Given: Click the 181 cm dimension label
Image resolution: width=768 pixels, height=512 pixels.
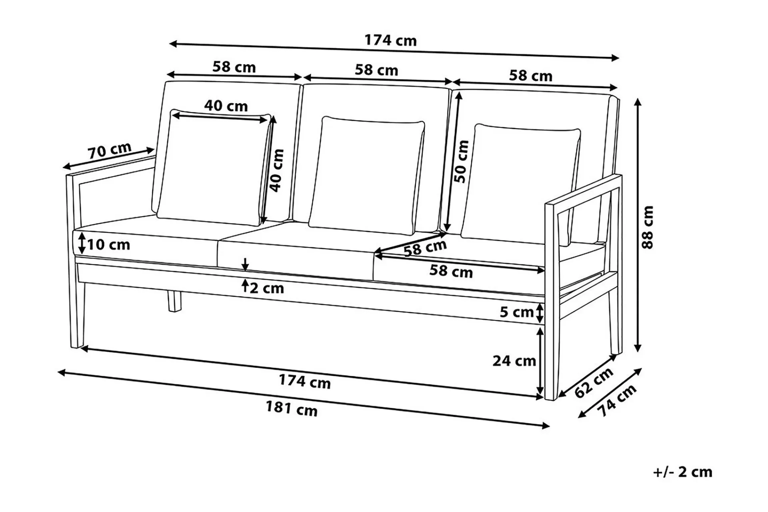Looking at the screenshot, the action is tap(292, 409).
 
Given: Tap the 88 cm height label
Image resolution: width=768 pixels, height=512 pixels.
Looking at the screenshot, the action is tap(648, 227).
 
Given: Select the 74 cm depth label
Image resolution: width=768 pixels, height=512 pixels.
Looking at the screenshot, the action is tap(616, 400).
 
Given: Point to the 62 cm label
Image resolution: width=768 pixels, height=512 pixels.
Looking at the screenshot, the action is tap(594, 383).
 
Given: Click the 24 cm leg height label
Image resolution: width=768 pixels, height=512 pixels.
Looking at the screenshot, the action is tap(514, 361).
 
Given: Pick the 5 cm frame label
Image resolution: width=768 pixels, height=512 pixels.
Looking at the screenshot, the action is tap(516, 312).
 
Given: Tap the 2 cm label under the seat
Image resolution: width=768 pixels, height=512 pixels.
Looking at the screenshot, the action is tap(267, 288).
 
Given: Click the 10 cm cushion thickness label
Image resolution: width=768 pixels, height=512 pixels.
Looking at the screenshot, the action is tap(109, 244).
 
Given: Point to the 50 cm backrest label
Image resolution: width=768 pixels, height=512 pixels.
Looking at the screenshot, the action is tap(462, 162).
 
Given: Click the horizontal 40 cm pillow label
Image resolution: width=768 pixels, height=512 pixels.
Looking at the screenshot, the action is tap(226, 106).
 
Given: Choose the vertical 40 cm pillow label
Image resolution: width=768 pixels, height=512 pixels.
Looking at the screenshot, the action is tap(277, 170).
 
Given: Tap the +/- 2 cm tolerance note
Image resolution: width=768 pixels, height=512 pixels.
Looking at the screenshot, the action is tap(683, 472).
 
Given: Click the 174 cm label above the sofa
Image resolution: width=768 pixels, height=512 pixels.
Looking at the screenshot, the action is tap(390, 40).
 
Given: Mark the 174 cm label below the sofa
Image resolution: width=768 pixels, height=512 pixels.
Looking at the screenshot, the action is tap(305, 381).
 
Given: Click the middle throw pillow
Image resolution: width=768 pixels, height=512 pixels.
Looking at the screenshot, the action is tap(367, 176).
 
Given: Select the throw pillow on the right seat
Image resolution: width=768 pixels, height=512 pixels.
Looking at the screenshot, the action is tap(521, 184).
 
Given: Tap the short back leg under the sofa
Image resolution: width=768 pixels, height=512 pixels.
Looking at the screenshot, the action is tap(174, 301).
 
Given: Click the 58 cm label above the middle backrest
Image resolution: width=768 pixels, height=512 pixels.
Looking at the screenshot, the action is tap(376, 70).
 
